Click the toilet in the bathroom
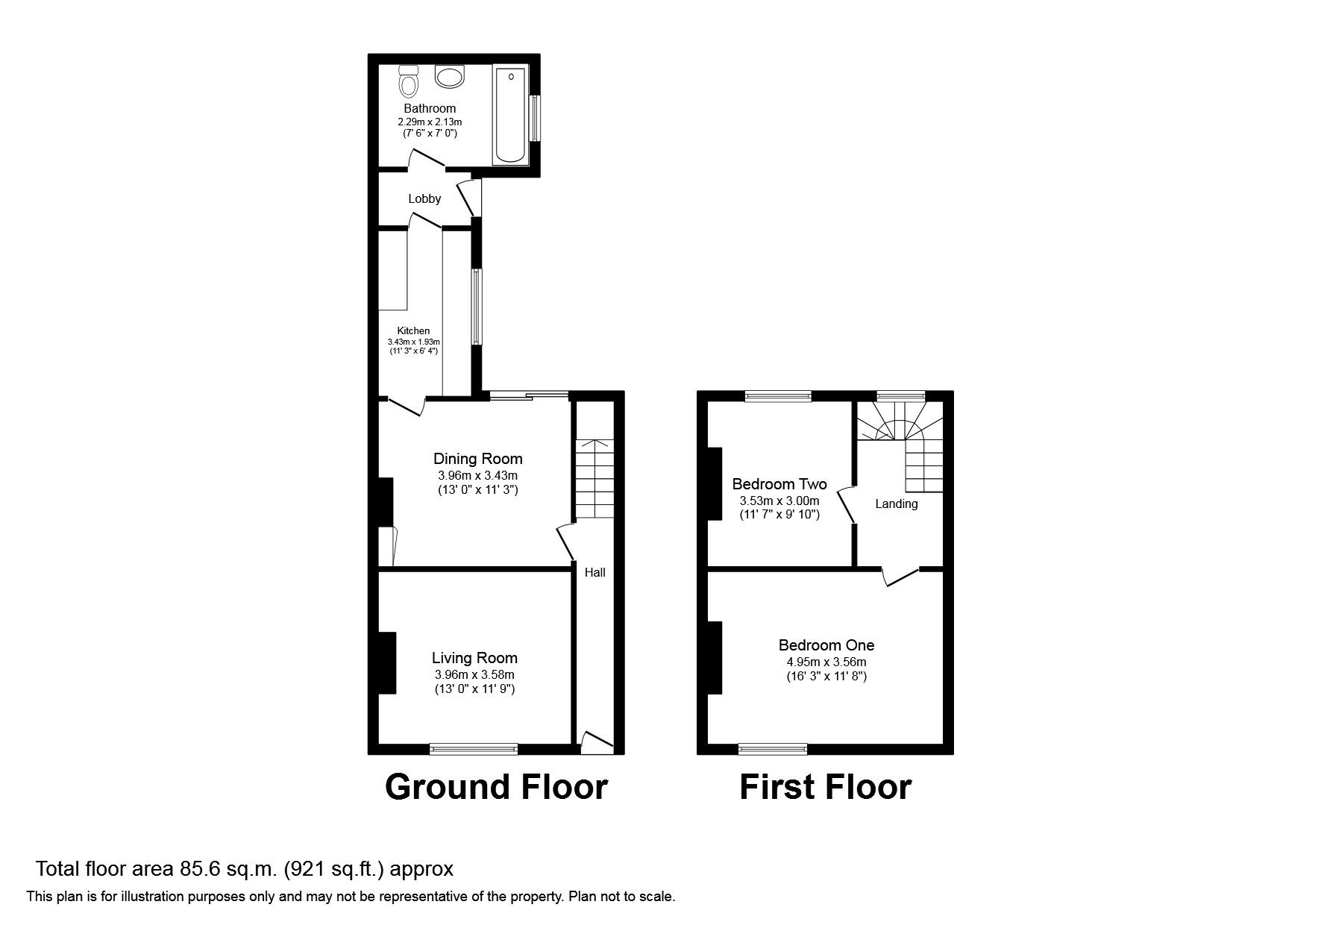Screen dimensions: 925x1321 click(x=408, y=81)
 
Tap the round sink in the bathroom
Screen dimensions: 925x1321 click(x=450, y=76)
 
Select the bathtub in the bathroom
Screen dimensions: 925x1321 click(x=510, y=114)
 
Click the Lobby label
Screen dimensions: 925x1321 click(x=424, y=199)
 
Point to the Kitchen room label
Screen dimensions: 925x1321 click(x=413, y=331)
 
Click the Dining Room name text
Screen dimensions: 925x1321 click(x=478, y=459)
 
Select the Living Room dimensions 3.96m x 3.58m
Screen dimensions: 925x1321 click(x=475, y=675)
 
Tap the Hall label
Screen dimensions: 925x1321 click(x=594, y=573)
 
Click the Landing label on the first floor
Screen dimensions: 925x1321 click(x=896, y=504)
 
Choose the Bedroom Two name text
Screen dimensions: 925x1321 click(x=779, y=484)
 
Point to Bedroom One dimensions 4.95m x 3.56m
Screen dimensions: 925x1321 click(x=826, y=662)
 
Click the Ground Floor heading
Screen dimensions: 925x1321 click(x=496, y=787)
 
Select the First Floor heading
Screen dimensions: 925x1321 click(x=825, y=787)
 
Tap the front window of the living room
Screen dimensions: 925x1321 click(x=474, y=748)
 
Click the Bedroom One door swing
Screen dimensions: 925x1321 click(x=900, y=577)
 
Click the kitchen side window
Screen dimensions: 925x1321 click(x=477, y=307)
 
